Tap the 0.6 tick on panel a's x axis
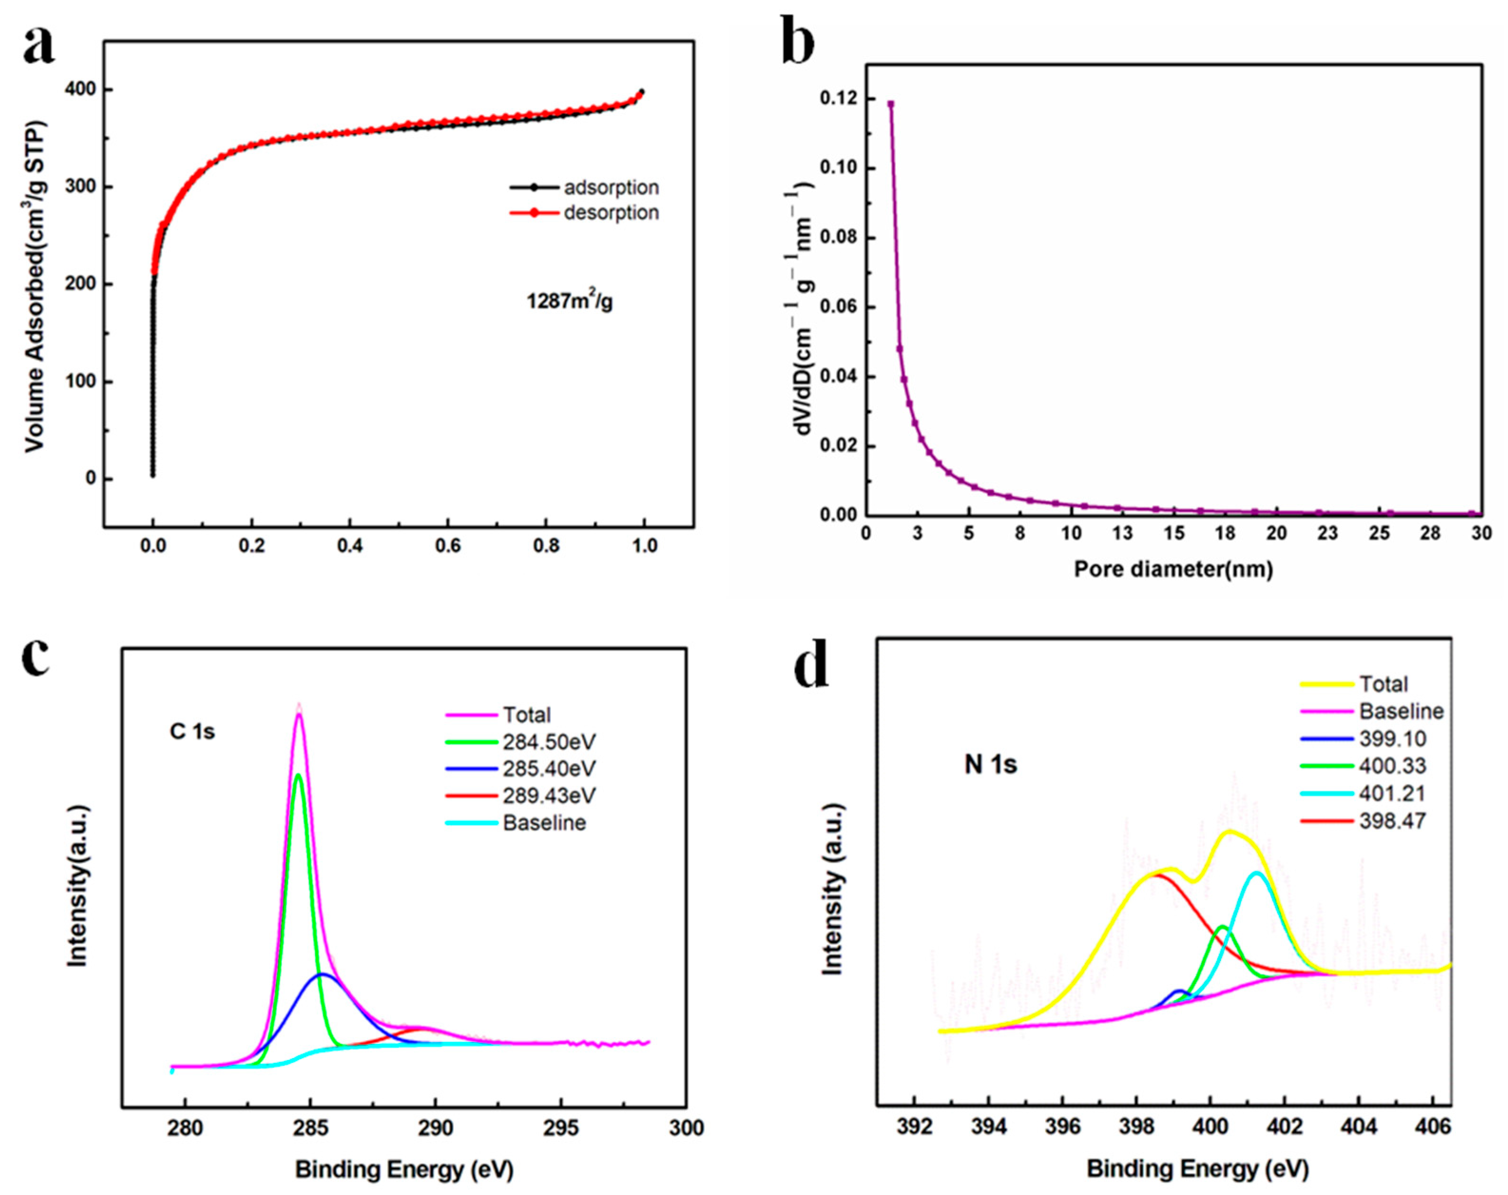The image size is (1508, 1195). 448,546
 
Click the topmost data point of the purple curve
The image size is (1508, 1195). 890,104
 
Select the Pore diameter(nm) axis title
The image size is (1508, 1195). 1173,569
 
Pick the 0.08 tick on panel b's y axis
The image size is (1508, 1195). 838,238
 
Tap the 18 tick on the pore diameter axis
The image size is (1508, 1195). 1225,533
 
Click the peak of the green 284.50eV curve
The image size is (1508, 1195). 298,774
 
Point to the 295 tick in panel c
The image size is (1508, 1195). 561,1128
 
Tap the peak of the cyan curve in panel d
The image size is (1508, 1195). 1257,872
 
